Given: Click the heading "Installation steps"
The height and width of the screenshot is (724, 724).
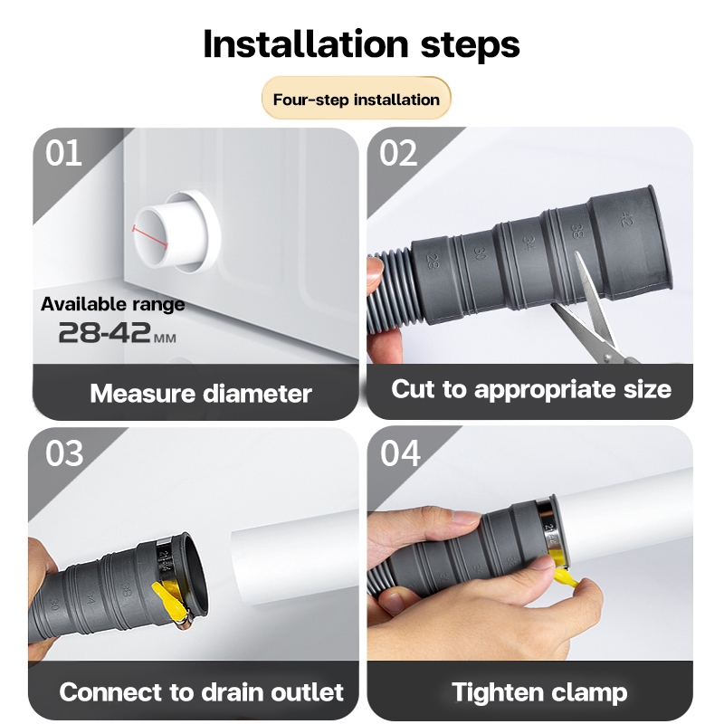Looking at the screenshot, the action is click(361, 43).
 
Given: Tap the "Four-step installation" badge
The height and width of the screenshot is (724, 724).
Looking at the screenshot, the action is click(356, 100).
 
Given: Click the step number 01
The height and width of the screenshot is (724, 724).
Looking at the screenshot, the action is click(63, 153).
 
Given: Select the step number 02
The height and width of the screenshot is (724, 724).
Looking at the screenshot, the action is click(398, 153).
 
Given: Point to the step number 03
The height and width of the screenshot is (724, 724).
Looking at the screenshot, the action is click(64, 453).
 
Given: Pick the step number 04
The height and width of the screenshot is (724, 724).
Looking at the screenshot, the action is click(400, 453).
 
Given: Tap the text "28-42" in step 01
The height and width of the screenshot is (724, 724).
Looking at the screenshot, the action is click(104, 332).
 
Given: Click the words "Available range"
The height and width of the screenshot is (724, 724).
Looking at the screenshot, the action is click(112, 304).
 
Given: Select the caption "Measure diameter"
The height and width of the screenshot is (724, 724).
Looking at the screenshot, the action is click(201, 394).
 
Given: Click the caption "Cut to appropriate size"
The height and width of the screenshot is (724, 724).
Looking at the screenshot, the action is click(531, 389).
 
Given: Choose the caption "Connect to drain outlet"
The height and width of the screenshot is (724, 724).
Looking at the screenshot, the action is click(201, 691).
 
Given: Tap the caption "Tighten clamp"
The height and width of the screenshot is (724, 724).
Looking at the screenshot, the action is click(539, 692).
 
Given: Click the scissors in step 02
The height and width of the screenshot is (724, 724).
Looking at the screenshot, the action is click(595, 314).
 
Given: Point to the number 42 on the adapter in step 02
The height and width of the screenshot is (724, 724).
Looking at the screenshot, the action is click(626, 218).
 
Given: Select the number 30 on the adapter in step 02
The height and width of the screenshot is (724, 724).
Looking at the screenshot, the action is click(480, 252).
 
